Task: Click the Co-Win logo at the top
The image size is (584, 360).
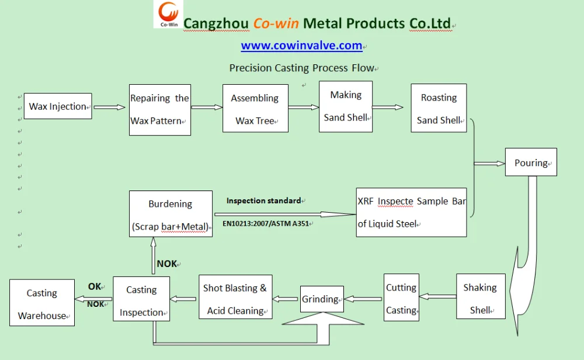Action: [168, 15]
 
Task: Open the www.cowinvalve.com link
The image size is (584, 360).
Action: [301, 46]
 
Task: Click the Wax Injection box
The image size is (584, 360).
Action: [58, 106]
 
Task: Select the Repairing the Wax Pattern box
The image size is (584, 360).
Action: [159, 110]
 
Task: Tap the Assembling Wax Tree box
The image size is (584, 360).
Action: [255, 109]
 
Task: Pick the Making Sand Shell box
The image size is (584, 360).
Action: [346, 106]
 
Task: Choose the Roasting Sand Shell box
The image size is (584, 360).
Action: [439, 109]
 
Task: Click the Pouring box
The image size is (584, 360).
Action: [531, 163]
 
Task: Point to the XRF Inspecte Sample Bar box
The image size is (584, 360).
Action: [411, 212]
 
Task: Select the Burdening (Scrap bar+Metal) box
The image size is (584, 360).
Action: [171, 214]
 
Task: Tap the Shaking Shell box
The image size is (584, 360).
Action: [480, 298]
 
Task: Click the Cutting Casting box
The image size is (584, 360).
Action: [401, 299]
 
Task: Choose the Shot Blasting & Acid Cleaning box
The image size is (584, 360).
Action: [235, 299]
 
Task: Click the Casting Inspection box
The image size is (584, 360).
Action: [141, 300]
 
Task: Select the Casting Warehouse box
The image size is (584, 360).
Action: [42, 304]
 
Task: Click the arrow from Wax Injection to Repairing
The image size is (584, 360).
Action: [110, 107]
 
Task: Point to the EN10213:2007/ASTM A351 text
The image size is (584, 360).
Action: [265, 223]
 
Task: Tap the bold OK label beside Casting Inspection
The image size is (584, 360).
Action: [94, 286]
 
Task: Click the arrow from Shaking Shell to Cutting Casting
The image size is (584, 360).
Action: [437, 297]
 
